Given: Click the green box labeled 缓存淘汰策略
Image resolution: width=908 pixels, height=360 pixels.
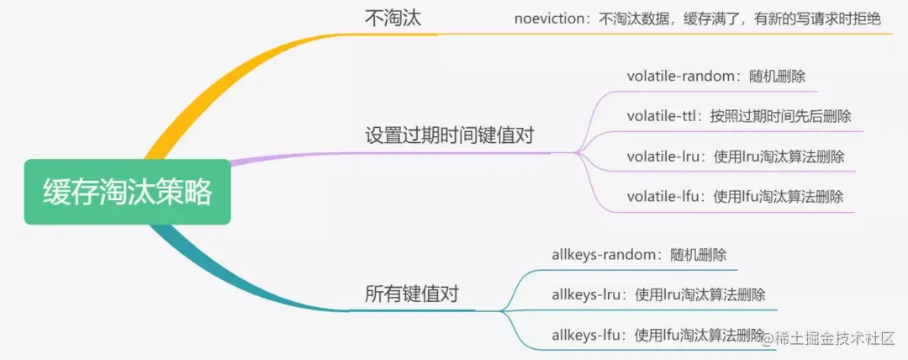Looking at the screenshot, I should coord(127,193).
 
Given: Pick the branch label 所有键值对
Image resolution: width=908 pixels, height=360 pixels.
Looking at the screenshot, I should coord(412,294).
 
